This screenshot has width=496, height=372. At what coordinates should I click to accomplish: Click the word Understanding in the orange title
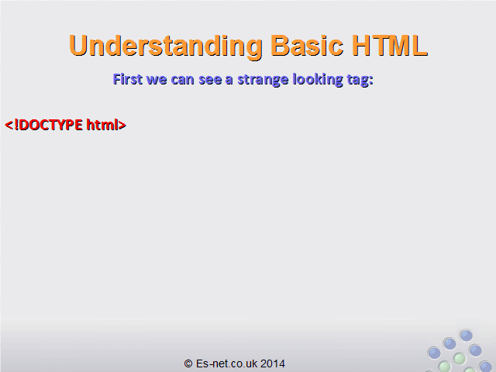(x=165, y=46)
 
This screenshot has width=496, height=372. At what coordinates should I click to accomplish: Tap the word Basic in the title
(x=307, y=45)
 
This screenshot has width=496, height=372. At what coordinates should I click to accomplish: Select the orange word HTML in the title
(x=390, y=45)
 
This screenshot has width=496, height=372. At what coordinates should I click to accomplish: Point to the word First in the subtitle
(x=127, y=79)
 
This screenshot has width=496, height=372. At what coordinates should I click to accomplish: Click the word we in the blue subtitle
(x=157, y=81)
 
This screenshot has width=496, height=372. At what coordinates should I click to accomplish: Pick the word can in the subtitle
(x=183, y=81)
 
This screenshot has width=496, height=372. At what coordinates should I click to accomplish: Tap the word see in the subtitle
(x=210, y=81)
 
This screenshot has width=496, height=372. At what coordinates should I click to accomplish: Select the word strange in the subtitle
(x=263, y=81)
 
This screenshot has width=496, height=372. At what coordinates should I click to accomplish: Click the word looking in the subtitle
(x=318, y=80)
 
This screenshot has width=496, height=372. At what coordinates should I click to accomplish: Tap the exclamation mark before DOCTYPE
(x=16, y=125)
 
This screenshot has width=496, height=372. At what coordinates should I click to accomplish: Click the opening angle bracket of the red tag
(x=9, y=125)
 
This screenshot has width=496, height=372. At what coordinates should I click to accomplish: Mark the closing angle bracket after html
(x=122, y=125)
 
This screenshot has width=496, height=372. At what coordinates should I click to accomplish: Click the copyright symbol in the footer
(x=188, y=363)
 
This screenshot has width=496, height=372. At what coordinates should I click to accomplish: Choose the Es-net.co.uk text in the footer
(x=226, y=363)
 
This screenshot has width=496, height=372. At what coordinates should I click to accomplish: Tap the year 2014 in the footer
(x=273, y=363)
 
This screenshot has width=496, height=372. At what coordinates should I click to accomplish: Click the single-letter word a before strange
(x=229, y=81)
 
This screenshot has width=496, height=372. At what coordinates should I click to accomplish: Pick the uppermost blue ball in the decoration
(x=466, y=336)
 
